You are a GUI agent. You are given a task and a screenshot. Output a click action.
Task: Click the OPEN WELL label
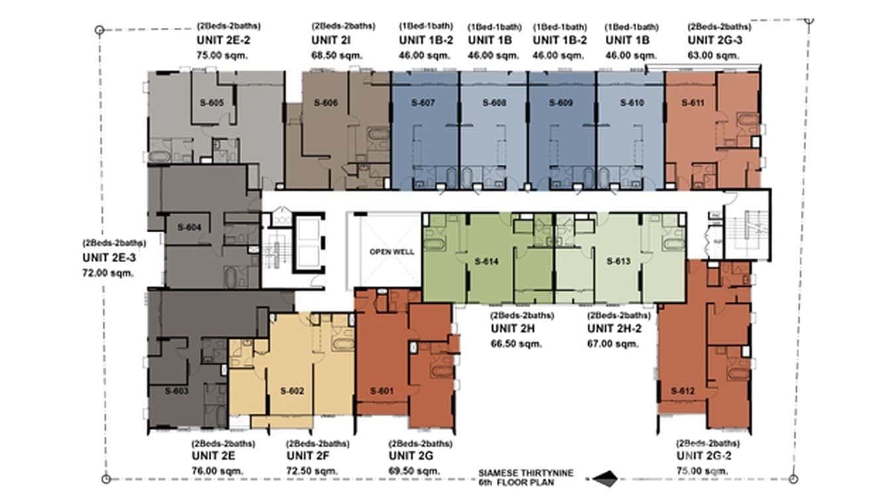[x=392, y=251]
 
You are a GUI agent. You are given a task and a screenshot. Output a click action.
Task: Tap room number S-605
[x=211, y=103]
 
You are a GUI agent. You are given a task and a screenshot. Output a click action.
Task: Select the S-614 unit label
[x=486, y=261]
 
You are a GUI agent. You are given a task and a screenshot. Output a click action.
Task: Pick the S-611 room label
[x=692, y=103]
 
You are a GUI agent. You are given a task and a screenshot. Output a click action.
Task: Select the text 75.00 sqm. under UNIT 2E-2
[x=222, y=56]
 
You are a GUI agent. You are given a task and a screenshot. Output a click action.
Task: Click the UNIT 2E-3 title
[x=113, y=257]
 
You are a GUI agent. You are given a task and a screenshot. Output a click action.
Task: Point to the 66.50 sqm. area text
[x=516, y=343]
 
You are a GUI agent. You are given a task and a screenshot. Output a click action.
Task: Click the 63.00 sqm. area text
[x=712, y=56]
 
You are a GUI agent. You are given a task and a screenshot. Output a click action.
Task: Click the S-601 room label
[x=382, y=390]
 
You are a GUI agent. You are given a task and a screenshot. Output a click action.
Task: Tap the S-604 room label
[x=189, y=227]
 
